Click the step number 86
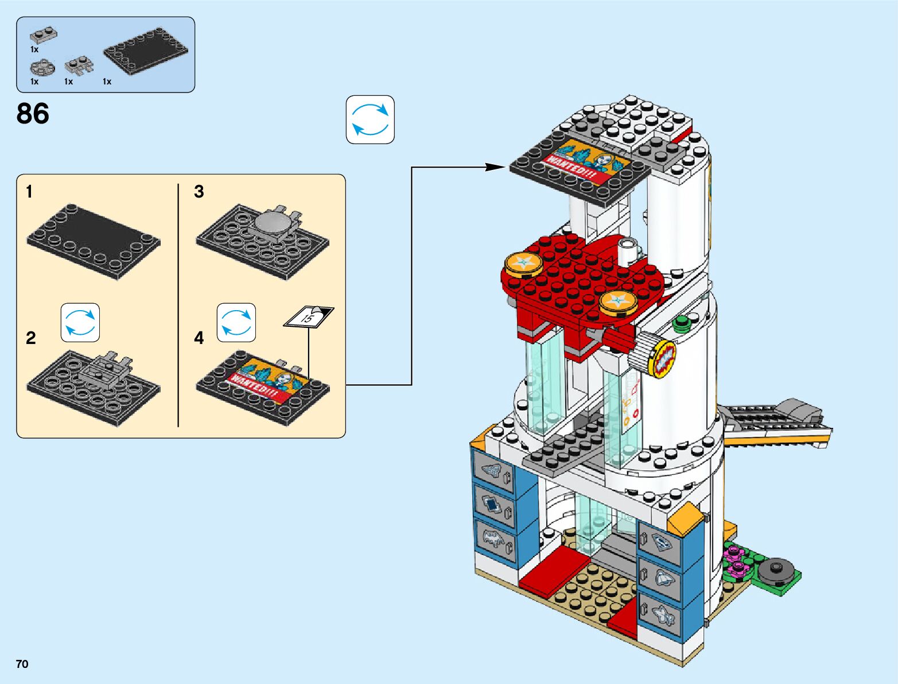pyautogui.click(x=33, y=113)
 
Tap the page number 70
pyautogui.click(x=22, y=664)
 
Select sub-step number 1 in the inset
pyautogui.click(x=29, y=192)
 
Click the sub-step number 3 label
pyautogui.click(x=199, y=192)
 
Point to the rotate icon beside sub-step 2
pyautogui.click(x=80, y=323)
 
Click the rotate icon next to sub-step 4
pyautogui.click(x=236, y=323)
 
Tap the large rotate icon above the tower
pyautogui.click(x=370, y=119)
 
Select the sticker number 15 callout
pyautogui.click(x=309, y=317)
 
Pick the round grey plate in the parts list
pyautogui.click(x=42, y=68)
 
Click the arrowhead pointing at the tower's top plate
pyautogui.click(x=496, y=167)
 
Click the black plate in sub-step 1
pyautogui.click(x=93, y=241)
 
